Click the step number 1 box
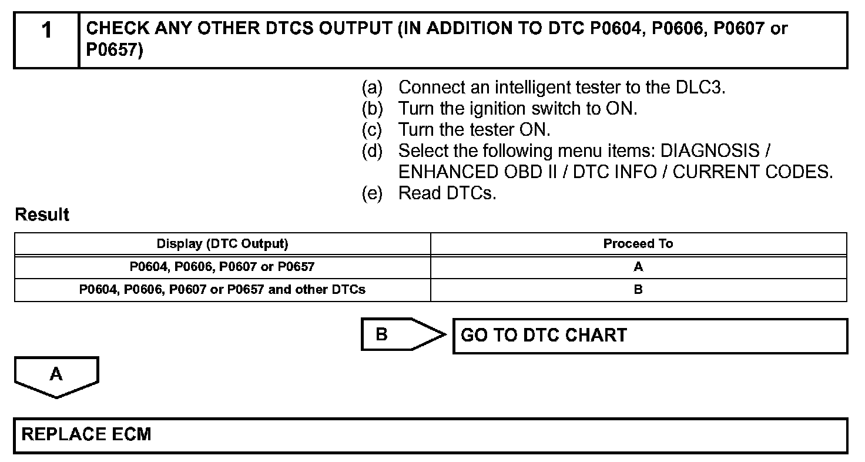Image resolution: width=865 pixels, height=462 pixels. [46, 40]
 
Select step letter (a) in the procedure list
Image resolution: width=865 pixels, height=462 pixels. [371, 88]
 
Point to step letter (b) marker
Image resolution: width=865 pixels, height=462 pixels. [371, 109]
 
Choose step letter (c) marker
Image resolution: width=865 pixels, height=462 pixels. [371, 129]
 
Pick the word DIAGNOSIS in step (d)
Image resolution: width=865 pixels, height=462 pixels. [710, 151]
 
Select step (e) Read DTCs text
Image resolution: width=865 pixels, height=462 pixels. [447, 193]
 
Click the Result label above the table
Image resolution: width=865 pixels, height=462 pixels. [42, 215]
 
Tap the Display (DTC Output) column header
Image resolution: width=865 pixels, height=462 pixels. [222, 244]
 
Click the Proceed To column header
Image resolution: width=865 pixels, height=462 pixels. [638, 244]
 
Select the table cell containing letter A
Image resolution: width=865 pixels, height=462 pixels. [638, 267]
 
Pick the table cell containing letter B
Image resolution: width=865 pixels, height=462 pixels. [638, 290]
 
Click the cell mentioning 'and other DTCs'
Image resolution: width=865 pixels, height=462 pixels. [222, 290]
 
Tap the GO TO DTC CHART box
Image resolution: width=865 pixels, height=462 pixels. [649, 336]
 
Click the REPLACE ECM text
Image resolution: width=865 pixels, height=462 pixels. [86, 435]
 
